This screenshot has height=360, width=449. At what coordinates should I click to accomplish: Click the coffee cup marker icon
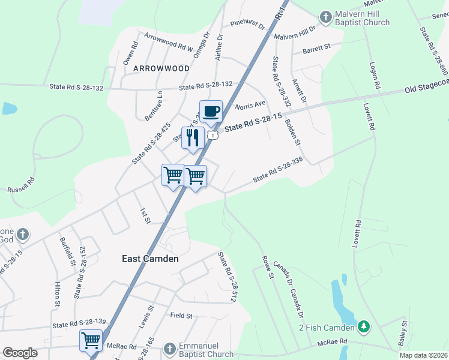pos(211,111)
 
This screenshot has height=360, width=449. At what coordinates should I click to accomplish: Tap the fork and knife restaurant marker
pos(193,137)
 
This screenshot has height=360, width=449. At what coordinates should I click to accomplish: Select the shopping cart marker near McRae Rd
pos(91,340)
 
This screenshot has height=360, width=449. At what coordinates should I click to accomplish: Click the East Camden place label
pos(150,259)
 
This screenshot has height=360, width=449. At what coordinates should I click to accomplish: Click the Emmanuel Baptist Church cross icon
pos(170,348)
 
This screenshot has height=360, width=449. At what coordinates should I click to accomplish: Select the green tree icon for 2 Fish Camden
pos(363,327)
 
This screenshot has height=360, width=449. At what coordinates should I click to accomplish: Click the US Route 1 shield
pos(212,136)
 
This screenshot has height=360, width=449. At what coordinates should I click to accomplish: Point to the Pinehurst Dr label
pos(247,25)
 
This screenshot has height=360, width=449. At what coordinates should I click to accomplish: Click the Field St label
pos(181,315)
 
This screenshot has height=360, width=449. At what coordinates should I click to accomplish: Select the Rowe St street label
pos(268,268)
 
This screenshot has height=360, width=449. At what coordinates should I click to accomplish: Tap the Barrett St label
pos(316,47)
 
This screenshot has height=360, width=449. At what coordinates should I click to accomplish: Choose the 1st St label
pos(145,216)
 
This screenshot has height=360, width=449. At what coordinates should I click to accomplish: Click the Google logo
pos(20,353)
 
